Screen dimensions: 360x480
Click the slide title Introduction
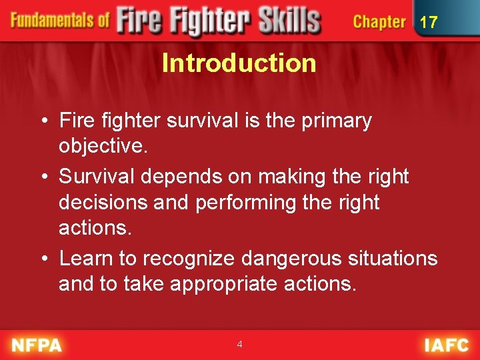point(239,63)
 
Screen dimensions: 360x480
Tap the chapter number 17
point(429,23)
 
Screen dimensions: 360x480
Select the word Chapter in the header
point(379,22)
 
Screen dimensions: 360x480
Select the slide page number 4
point(239,345)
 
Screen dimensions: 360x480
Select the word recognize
point(189,258)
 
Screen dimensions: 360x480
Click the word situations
point(393,258)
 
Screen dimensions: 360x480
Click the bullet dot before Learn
point(43,259)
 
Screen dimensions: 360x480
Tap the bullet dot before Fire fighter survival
point(43,121)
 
